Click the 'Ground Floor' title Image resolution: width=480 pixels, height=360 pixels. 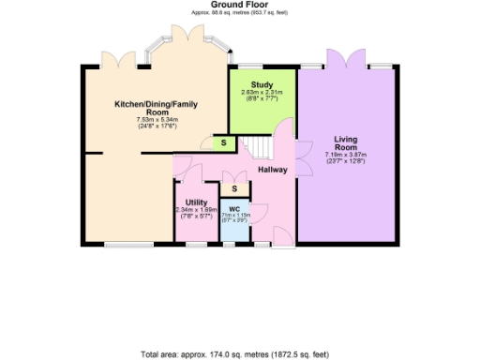coord(239,6)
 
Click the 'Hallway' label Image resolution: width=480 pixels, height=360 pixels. coord(275,170)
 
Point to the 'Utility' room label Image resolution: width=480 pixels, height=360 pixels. coord(196,202)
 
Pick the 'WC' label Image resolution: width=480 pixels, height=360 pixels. coord(234,208)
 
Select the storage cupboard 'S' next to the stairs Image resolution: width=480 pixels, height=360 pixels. coord(222,143)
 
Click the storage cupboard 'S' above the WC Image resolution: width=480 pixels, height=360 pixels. coord(235,189)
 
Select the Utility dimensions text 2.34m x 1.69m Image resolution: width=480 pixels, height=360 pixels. coord(196,209)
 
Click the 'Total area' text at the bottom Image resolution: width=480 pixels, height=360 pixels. coord(239,354)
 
